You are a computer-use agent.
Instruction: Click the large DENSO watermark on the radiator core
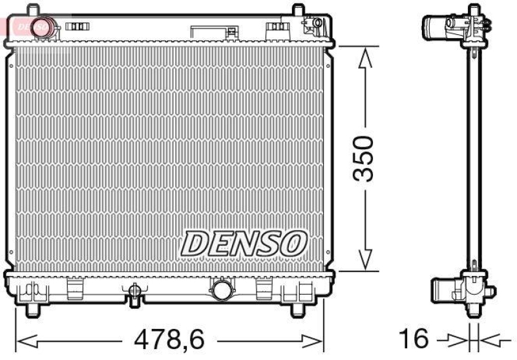242,244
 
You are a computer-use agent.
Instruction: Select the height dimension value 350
366,159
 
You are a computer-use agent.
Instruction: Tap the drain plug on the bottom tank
134,292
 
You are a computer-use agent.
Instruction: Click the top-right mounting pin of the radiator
297,12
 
